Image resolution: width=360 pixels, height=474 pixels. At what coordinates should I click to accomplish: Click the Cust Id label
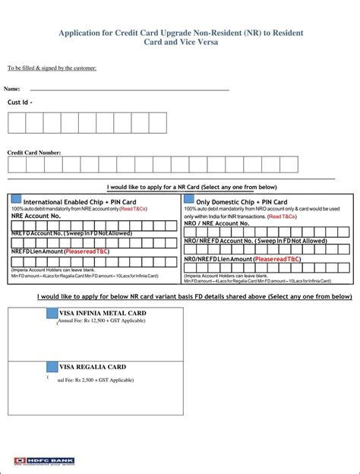20,102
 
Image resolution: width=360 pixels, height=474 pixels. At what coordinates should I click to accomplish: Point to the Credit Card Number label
34,153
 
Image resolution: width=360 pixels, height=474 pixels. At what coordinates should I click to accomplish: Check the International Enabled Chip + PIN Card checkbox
17,200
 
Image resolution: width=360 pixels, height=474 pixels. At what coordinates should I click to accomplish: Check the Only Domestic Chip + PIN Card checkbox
189,200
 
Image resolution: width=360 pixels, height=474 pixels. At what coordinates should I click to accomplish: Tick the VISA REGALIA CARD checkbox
52,367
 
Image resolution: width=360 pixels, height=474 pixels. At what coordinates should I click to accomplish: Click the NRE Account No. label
35,216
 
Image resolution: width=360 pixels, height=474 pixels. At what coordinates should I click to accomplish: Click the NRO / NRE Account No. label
216,223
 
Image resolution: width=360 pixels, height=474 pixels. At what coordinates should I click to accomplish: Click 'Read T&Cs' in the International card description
133,208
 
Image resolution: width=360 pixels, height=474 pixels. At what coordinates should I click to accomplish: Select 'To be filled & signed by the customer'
52,68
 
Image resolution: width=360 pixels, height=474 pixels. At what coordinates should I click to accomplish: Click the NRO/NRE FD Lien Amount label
218,259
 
